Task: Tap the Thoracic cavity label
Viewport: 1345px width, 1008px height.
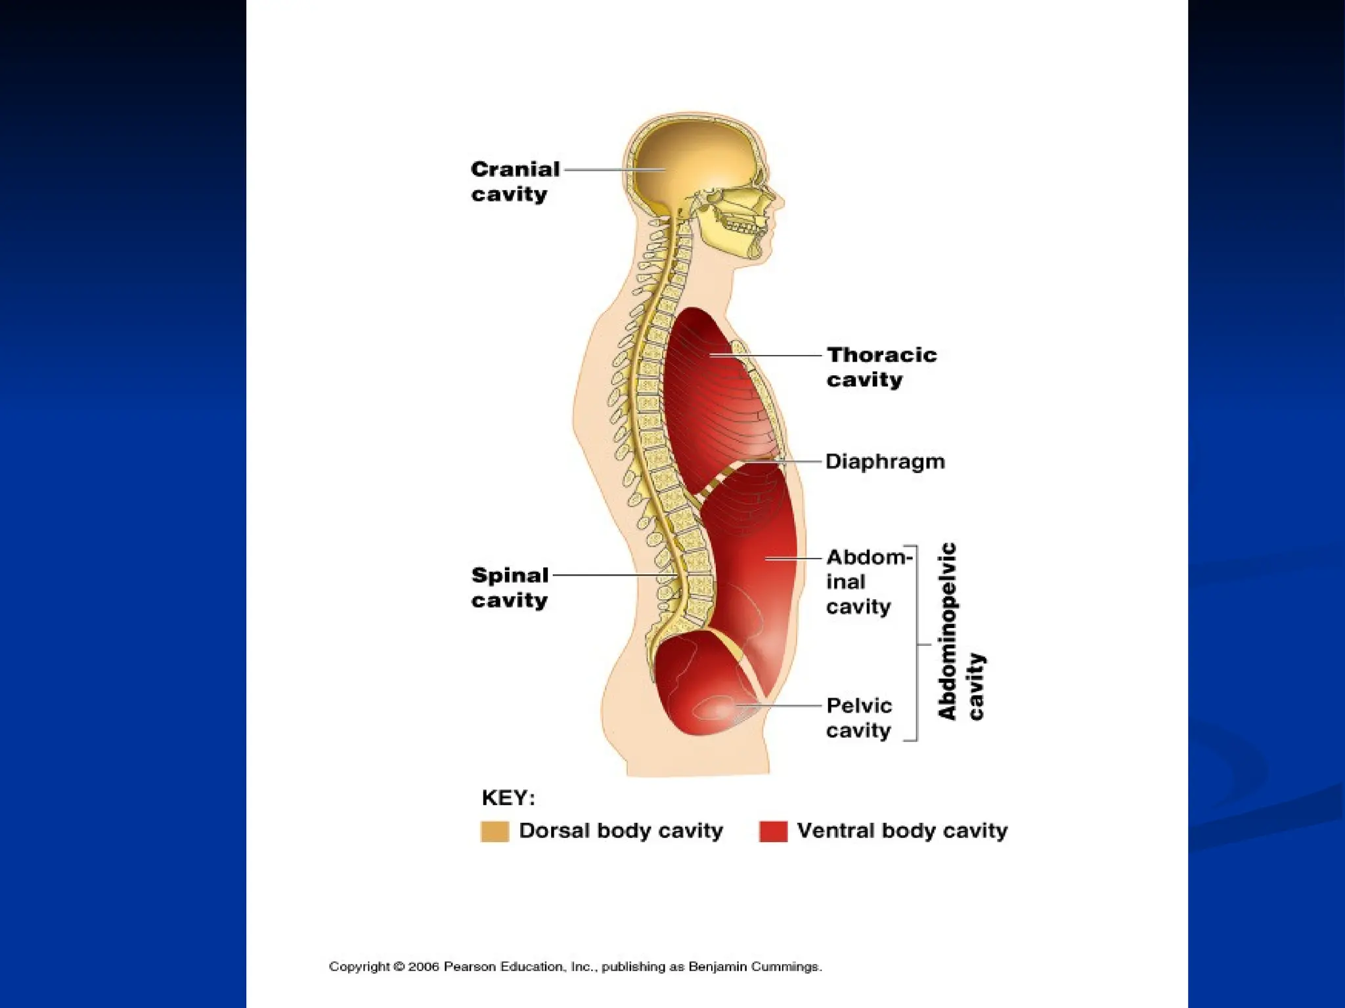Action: point(881,367)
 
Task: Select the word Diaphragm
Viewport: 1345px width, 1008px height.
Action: point(885,461)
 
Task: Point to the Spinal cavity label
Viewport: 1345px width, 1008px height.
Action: point(510,587)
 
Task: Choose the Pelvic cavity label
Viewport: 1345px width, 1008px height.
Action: point(859,717)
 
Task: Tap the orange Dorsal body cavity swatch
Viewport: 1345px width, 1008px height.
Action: point(495,831)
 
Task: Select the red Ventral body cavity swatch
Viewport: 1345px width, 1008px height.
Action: point(773,831)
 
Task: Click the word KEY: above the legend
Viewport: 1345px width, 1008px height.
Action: point(508,798)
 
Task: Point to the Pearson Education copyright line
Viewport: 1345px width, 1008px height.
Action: point(575,967)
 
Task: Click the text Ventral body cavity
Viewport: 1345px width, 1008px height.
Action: point(902,831)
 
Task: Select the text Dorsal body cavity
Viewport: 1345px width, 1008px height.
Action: point(621,831)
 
